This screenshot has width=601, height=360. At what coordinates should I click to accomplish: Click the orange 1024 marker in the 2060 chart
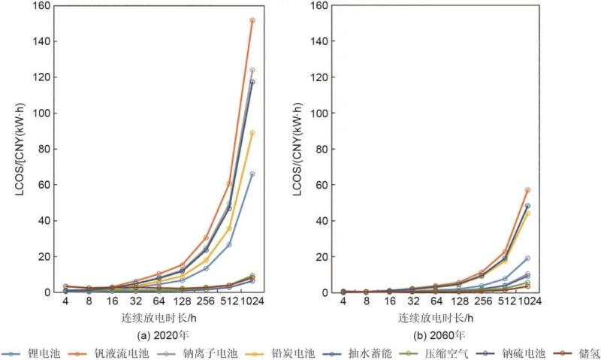point(527,190)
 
